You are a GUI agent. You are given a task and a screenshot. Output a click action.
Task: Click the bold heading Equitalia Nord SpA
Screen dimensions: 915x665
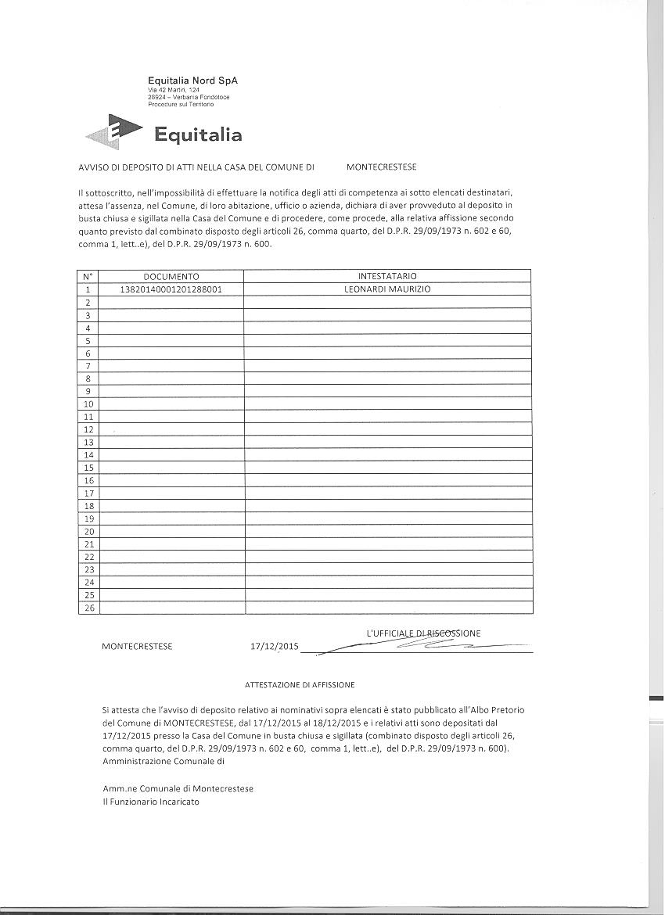coord(192,81)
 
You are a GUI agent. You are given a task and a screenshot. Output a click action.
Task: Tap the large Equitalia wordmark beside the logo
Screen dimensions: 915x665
coord(198,135)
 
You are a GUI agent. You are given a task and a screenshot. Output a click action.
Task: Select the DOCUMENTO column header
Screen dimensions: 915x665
coord(171,276)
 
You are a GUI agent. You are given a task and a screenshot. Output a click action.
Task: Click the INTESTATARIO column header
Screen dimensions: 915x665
coord(387,276)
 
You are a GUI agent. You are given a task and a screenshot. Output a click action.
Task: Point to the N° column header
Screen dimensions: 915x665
coord(88,276)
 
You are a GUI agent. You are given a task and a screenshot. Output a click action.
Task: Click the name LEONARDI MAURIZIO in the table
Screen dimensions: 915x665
coord(387,289)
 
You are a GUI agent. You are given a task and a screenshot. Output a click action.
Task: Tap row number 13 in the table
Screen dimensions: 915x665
coord(88,442)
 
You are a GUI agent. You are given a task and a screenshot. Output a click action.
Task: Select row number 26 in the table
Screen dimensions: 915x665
coord(88,608)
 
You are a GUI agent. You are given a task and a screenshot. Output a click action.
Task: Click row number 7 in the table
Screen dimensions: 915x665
coord(88,366)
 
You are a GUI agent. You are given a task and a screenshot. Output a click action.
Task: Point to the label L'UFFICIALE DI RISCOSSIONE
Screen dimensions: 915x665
coord(423,633)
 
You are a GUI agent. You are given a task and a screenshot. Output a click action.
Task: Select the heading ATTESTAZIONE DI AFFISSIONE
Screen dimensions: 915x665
coord(300,685)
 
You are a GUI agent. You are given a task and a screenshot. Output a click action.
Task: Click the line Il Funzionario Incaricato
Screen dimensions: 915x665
coord(151,802)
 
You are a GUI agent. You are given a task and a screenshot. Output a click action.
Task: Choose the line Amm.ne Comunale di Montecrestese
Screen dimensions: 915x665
coord(178,789)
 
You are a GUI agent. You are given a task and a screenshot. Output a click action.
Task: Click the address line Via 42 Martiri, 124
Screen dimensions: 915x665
coord(174,90)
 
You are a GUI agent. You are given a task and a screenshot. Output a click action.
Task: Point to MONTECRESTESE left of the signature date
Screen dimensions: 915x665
coord(138,647)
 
